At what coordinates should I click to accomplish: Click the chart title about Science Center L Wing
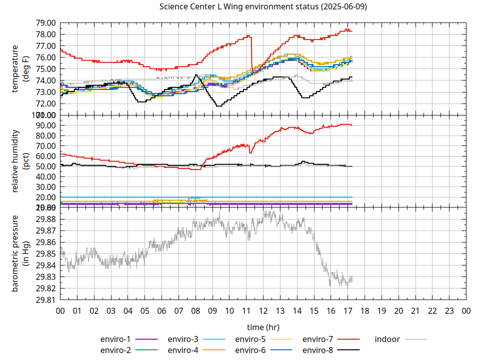point(263,7)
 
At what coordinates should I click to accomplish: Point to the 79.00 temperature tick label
point(45,23)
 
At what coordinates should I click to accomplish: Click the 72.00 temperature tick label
point(45,103)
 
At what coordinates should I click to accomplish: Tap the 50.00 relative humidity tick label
point(45,166)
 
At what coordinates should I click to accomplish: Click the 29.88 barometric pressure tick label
point(45,219)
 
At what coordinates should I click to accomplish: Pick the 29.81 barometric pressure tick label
point(45,300)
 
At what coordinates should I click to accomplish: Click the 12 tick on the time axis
point(263,311)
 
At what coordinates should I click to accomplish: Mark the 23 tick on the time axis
point(449,311)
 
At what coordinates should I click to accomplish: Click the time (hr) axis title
point(263,327)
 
